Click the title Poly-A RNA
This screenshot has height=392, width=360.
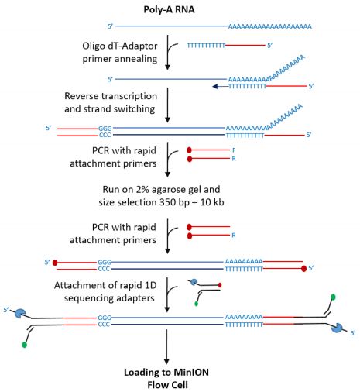point(169,9)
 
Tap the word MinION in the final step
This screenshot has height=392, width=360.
point(191,372)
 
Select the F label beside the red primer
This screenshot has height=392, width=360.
point(234,150)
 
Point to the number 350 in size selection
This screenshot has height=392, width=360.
point(166,202)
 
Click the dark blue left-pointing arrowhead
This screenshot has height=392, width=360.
point(215,87)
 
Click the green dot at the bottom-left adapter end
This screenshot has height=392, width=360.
point(25,345)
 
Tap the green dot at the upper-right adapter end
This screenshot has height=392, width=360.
point(333,297)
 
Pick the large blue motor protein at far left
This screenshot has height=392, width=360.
point(19,313)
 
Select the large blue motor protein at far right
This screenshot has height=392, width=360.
point(337,328)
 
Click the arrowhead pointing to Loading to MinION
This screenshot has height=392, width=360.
point(166,361)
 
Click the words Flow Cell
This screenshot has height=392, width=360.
point(167,385)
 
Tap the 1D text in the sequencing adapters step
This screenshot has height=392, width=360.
point(149,285)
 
